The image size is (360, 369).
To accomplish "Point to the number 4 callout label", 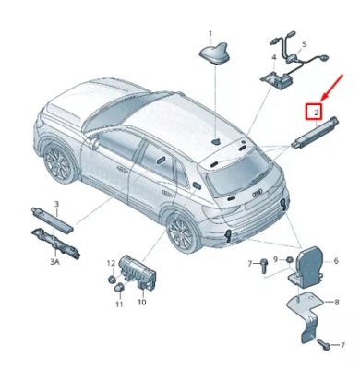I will coord(273,57).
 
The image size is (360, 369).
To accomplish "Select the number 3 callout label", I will coord(55,203).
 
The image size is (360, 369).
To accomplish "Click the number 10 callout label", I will coord(141,302).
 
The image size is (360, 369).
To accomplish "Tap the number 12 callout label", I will coord(109,263).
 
